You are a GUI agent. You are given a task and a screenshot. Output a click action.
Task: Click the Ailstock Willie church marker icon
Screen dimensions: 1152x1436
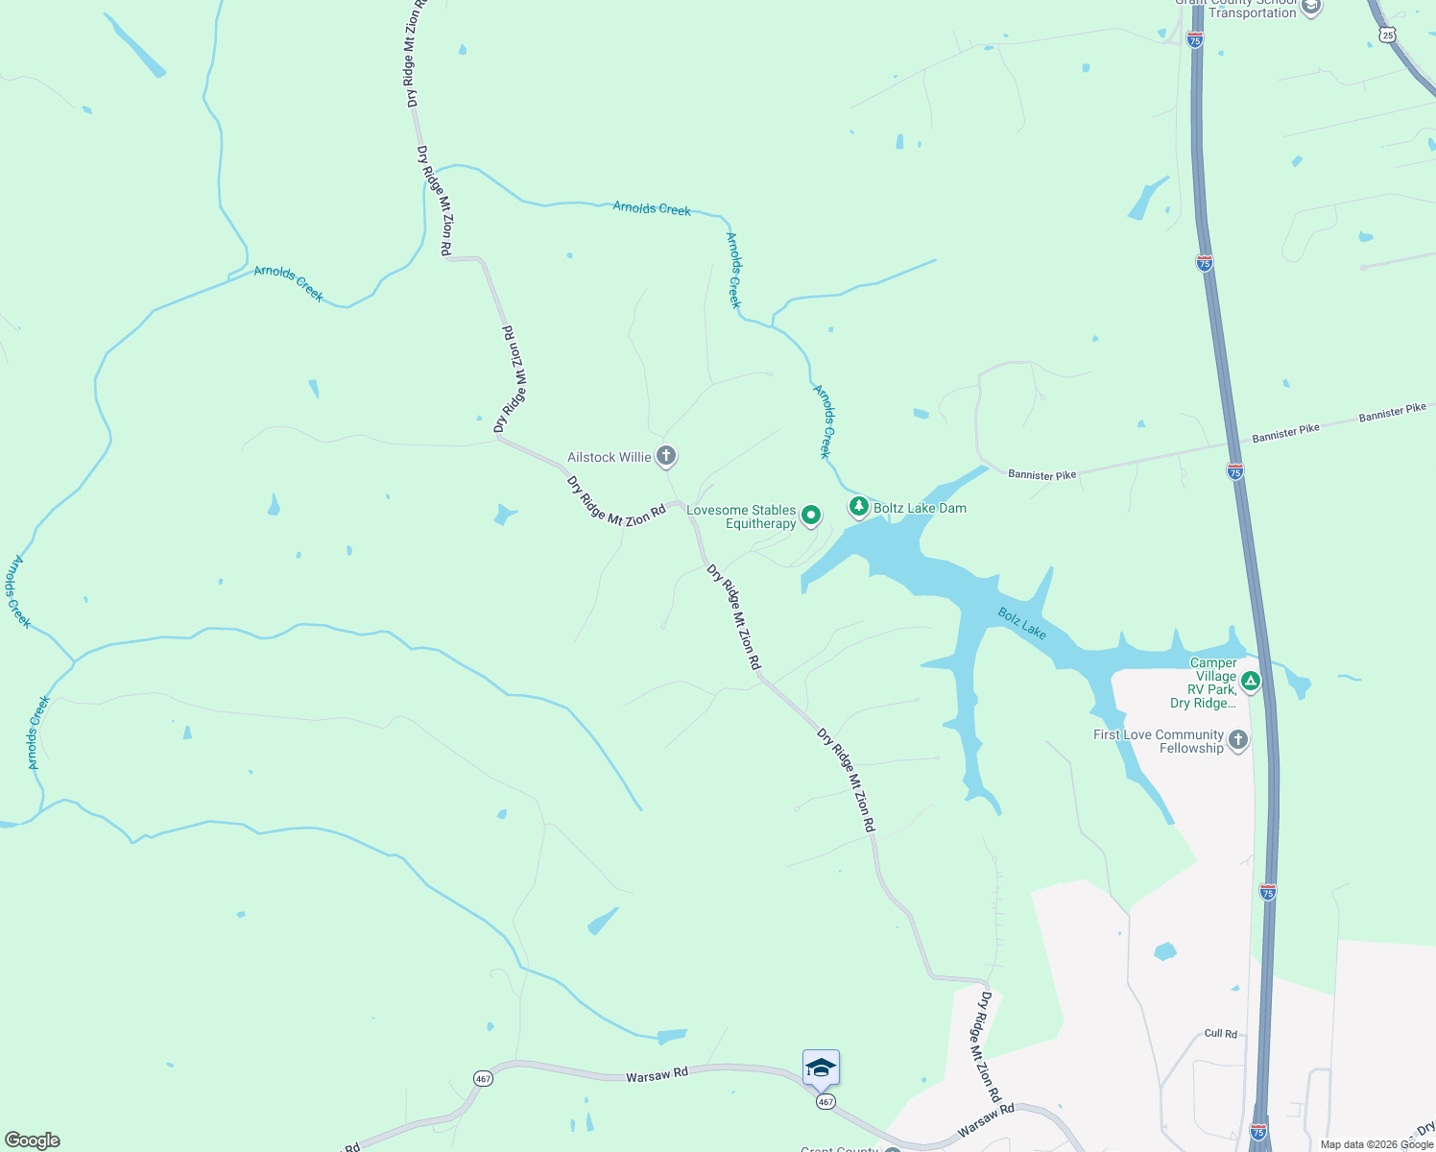tap(666, 456)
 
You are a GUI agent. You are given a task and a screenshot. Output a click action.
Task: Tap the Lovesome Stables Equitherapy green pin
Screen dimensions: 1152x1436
tap(811, 516)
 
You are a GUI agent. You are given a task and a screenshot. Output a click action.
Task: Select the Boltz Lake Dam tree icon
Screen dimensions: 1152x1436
tap(858, 506)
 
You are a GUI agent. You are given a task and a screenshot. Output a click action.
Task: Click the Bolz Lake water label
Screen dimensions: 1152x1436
tap(1021, 623)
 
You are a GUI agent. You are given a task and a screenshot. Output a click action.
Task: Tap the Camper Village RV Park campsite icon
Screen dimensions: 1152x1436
tap(1250, 682)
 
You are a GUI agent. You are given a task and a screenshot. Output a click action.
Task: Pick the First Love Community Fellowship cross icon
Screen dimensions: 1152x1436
tap(1238, 740)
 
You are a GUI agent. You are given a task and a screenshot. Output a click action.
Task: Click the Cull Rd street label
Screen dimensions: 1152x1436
tap(1220, 1034)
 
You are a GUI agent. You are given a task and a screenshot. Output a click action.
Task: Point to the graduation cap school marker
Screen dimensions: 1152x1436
tap(821, 1068)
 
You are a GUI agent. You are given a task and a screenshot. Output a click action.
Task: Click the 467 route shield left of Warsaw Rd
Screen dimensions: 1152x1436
tap(483, 1079)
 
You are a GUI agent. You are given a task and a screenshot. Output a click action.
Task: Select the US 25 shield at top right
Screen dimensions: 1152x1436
tap(1389, 35)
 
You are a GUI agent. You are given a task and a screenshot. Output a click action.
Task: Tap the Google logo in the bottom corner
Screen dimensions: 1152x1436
tap(33, 1140)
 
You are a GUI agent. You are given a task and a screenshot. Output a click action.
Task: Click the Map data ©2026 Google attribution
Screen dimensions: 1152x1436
tap(1376, 1144)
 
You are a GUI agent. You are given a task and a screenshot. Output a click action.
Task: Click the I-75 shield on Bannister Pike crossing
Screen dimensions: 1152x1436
tap(1235, 471)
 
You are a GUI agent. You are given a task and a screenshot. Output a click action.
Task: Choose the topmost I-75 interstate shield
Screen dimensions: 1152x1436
tap(1195, 39)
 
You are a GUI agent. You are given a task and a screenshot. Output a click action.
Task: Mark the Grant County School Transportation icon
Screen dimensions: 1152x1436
tap(1311, 8)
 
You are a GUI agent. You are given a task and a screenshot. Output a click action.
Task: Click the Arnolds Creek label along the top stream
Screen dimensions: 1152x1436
tap(652, 208)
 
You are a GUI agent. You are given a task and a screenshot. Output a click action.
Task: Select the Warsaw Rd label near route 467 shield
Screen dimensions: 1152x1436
tap(657, 1075)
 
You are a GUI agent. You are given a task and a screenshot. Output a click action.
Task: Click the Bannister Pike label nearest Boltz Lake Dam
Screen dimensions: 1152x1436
tap(1041, 474)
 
